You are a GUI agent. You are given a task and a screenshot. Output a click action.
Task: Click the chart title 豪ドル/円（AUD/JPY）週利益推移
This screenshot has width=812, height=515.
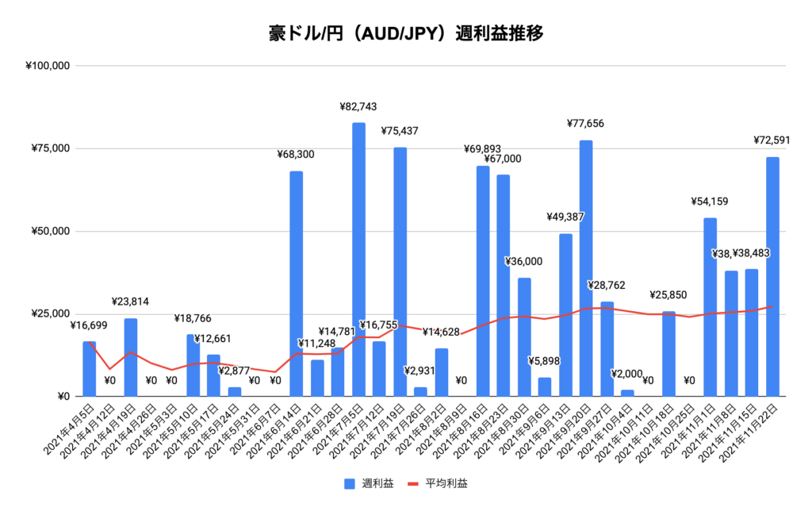[x=405, y=34]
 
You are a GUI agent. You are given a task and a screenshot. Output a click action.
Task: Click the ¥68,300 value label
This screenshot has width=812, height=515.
[x=296, y=155]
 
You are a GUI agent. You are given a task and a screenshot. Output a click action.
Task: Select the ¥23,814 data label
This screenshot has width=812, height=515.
[x=131, y=302]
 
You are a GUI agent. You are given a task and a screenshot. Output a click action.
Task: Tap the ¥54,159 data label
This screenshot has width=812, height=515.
[x=710, y=202]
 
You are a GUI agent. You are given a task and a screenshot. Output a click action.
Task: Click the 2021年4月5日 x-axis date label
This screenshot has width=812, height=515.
[x=72, y=429]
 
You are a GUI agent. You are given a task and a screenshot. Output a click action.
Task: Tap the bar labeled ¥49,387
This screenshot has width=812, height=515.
[x=565, y=314]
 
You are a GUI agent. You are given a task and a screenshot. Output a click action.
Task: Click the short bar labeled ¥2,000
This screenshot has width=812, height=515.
[x=627, y=393]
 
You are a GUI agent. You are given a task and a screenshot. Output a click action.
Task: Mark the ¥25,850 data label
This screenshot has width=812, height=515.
[x=669, y=295]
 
